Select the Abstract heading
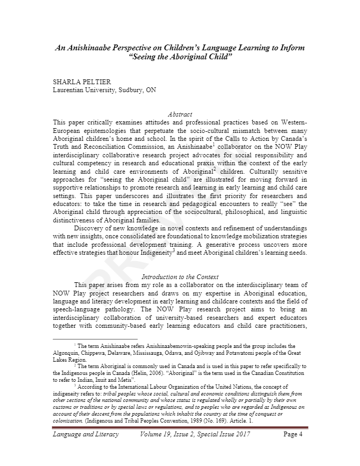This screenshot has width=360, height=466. (179, 114)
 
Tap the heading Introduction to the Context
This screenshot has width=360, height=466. (179, 276)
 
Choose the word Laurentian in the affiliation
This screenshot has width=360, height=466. (71, 90)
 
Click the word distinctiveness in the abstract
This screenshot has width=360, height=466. (77, 220)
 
